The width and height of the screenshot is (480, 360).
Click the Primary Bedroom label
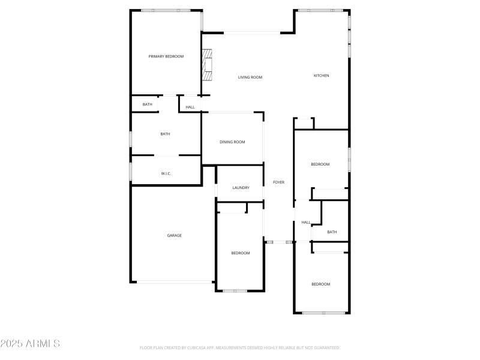click(166, 56)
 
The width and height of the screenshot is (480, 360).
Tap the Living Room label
click(250, 77)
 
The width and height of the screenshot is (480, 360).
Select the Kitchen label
click(322, 76)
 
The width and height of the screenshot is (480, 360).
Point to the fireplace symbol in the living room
click(207, 65)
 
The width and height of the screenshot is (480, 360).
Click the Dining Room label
click(232, 142)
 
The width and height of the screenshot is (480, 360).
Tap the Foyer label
click(278, 182)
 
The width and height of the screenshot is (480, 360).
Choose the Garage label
click(174, 235)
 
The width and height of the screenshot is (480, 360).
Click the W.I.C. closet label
click(166, 173)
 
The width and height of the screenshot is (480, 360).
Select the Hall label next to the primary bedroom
click(190, 107)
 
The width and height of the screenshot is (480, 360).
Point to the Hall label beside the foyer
click(306, 222)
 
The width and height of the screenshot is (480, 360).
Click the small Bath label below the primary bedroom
click(147, 104)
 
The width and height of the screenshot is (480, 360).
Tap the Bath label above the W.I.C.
click(165, 134)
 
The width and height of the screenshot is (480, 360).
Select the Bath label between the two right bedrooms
click(332, 232)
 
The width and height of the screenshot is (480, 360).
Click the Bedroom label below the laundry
click(241, 253)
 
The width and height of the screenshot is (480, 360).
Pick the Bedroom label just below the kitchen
click(320, 164)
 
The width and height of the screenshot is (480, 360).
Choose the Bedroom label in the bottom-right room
click(320, 284)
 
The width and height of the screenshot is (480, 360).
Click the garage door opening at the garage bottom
click(174, 282)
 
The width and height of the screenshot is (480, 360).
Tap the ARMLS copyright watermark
click(30, 344)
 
